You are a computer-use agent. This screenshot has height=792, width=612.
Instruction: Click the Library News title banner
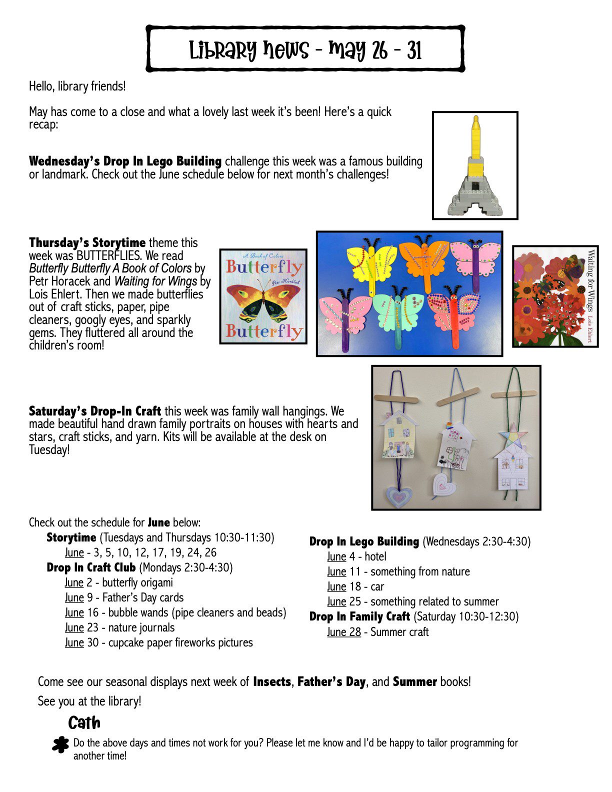[305, 49]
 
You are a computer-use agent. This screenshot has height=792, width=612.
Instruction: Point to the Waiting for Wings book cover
[555, 296]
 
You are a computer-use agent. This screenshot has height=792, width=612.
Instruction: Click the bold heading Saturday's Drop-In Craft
[95, 411]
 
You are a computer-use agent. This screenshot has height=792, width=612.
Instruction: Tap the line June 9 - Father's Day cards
[124, 597]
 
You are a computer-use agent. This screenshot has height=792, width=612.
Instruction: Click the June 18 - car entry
[355, 586]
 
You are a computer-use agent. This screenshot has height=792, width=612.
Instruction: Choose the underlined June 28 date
[344, 632]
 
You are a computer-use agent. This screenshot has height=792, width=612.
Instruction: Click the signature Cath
[84, 723]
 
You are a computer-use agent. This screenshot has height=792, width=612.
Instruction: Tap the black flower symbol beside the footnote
[60, 744]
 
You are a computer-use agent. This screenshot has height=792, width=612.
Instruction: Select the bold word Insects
[272, 682]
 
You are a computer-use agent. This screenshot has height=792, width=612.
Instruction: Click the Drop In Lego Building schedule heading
[364, 541]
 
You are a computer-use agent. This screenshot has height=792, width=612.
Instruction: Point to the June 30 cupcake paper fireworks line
[158, 642]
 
